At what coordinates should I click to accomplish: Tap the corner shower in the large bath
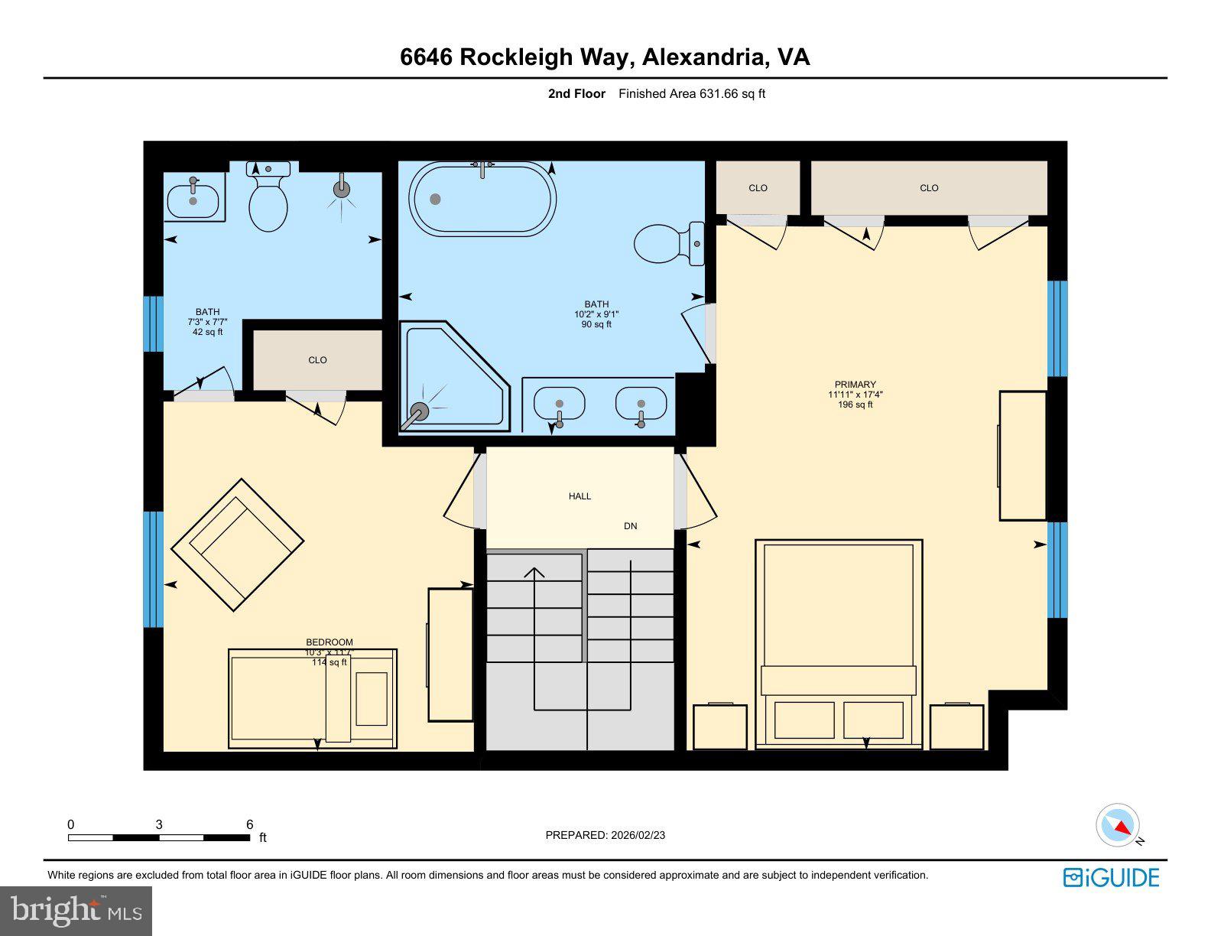pos(451,379)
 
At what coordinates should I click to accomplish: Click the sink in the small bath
pos(193,200)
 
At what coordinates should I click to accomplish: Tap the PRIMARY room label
pos(855,385)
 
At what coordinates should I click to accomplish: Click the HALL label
pos(580,496)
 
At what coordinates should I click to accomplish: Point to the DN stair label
pos(630,526)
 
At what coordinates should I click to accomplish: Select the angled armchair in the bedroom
pos(238,544)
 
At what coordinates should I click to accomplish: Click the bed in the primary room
pos(839,642)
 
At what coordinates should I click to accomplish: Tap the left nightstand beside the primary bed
pos(719,726)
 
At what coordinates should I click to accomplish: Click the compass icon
pos(1117,825)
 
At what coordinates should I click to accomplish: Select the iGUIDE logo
pos(1111,877)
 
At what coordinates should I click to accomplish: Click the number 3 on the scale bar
pos(159,824)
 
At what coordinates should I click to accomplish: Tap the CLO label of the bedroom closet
pos(317,360)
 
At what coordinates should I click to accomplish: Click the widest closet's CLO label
pos(929,188)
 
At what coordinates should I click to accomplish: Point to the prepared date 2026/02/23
pos(638,835)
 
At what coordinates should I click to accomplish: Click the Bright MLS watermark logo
pos(76,911)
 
